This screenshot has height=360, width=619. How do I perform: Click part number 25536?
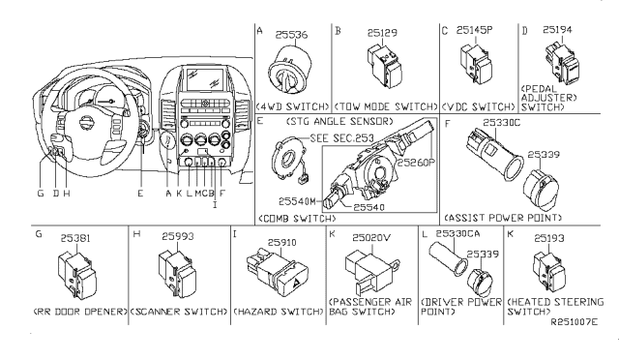(x=291, y=35)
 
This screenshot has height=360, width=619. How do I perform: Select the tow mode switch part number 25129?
(x=382, y=33)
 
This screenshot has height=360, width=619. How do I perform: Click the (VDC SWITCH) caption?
(x=478, y=106)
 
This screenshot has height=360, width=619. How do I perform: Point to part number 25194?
(x=557, y=30)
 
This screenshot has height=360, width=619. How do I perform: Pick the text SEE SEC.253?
(x=341, y=138)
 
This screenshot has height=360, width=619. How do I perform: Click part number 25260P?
(x=416, y=163)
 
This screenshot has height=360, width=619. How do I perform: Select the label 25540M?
(x=297, y=201)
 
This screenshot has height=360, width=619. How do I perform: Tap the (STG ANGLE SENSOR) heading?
(x=339, y=121)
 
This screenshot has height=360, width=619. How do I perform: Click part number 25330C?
(x=502, y=123)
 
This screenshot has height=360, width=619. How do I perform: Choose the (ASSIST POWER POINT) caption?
(x=503, y=218)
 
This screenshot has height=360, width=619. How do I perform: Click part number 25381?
(x=75, y=238)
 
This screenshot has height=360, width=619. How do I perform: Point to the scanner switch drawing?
(x=177, y=274)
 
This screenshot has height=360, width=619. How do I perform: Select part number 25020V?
(x=371, y=237)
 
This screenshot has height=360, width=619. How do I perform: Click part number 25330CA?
(x=457, y=233)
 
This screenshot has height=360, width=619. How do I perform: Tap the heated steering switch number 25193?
(x=549, y=238)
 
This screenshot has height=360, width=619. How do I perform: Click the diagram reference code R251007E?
(x=575, y=322)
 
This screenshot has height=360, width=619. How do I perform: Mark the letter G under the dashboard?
(x=41, y=194)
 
